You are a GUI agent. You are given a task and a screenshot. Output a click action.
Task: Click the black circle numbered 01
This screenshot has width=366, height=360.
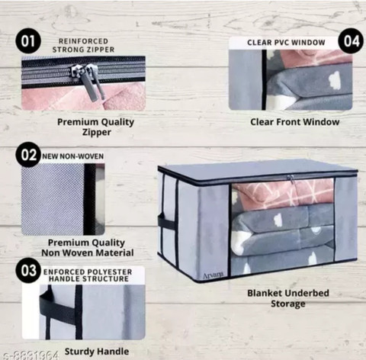[28, 41]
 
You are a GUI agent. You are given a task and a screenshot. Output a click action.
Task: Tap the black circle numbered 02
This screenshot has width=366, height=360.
[28, 155]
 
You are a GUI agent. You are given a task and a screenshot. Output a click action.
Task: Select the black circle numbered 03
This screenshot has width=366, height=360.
[28, 270]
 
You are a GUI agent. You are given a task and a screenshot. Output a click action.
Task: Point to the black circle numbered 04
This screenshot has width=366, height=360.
[352, 41]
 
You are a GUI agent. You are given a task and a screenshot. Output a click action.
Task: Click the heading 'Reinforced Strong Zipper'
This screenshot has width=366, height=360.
[83, 45]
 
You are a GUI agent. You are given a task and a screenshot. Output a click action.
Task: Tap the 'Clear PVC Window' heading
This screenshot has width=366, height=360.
[286, 43]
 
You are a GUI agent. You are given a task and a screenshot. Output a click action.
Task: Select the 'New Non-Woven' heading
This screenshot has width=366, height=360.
[73, 156]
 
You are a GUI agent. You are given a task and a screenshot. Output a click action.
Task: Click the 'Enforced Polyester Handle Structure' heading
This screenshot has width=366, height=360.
[88, 275]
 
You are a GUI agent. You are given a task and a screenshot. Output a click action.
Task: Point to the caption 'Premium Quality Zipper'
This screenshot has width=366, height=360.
[96, 127]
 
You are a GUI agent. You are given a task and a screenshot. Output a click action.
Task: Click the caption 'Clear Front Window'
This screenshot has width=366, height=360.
[295, 122]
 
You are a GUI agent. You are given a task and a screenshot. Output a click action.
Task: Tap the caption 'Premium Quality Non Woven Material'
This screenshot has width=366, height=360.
[88, 248]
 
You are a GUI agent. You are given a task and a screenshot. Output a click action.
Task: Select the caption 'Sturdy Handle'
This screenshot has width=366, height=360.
[97, 352]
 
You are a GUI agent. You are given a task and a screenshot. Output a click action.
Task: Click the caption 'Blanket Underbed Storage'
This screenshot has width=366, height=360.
[288, 298]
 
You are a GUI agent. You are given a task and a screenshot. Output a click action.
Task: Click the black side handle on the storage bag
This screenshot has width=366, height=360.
[166, 223]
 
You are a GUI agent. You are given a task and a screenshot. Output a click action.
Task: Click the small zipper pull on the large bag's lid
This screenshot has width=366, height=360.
[291, 179]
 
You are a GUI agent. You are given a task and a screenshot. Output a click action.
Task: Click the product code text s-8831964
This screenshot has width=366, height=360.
[31, 355]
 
